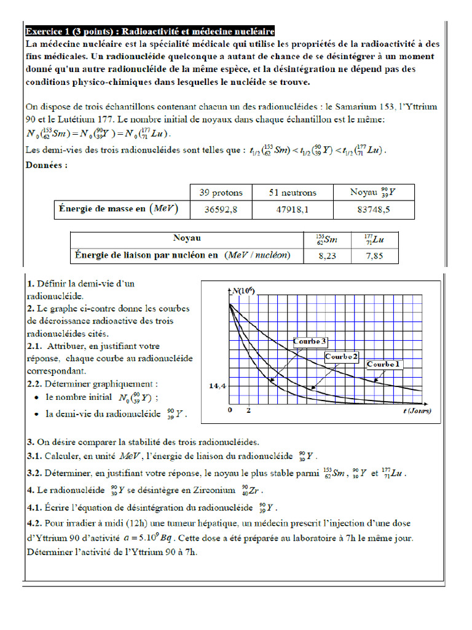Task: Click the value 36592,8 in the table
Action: pos(220,210)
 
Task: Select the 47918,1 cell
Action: pos(293,210)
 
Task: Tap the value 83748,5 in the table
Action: pos(373,210)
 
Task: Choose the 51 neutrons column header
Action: pos(293,193)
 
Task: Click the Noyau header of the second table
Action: pos(187,238)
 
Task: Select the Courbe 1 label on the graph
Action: pos(383,364)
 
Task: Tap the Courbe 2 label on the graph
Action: pos(342,356)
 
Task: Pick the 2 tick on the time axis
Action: pos(248,410)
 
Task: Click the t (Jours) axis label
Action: pos(417,410)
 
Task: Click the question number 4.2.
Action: pos(34,522)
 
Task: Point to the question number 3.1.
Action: pos(34,457)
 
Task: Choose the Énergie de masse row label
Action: pos(117,210)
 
